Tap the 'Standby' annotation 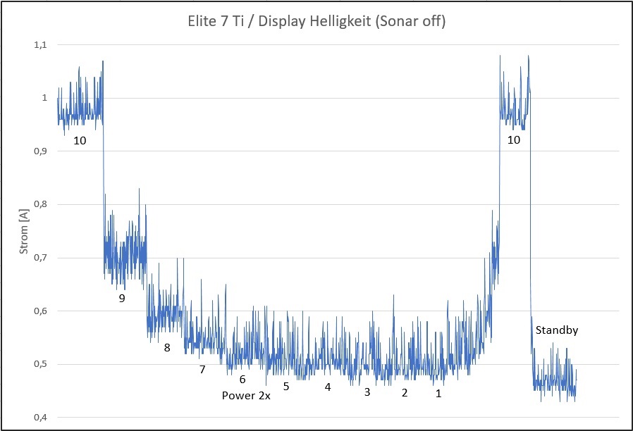556,330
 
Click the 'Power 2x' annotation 246,395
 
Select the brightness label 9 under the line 122,299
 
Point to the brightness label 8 167,347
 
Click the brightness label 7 202,369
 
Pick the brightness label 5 286,386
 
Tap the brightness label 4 328,387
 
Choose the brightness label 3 367,392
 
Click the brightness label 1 438,394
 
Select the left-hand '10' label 80,140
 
